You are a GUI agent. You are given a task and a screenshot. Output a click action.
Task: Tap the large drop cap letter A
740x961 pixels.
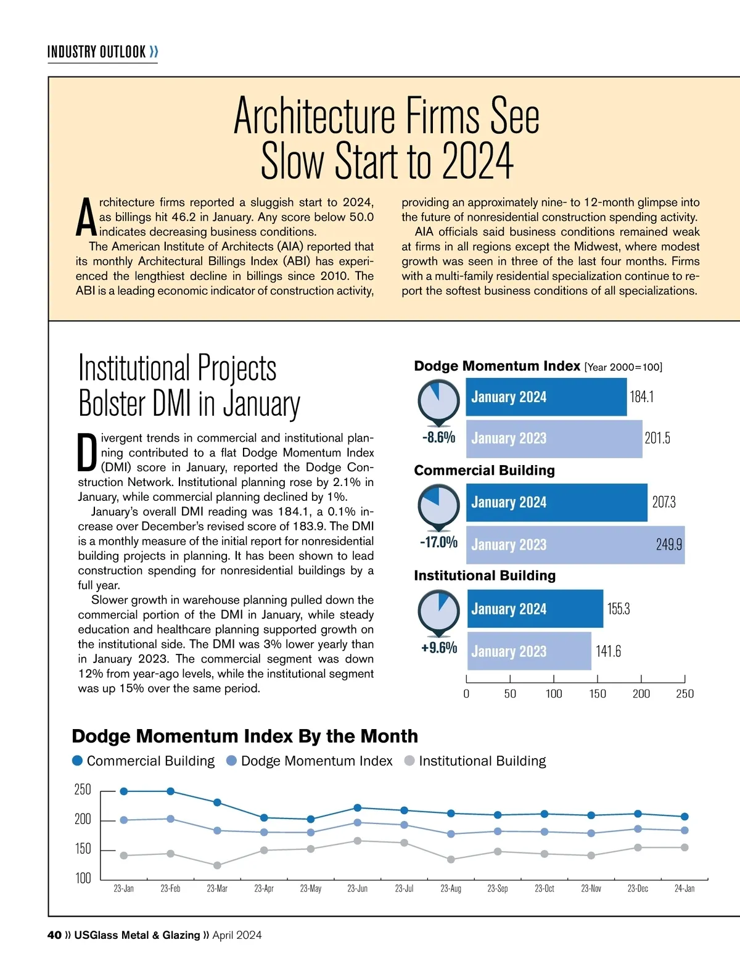coord(86,218)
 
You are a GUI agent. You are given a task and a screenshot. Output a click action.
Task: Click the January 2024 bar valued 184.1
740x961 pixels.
coord(546,397)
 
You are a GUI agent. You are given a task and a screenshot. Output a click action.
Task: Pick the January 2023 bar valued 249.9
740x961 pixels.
coord(575,545)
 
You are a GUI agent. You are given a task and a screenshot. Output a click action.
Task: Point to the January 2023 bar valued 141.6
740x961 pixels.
coord(528,651)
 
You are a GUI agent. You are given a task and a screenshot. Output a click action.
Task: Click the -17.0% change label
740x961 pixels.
coord(438,542)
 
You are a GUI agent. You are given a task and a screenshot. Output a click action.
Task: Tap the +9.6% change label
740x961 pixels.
coord(438,648)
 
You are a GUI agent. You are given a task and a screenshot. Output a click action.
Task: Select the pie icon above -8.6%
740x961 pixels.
coord(438,400)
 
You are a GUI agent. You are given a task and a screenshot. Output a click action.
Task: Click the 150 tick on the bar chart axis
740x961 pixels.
coord(597,693)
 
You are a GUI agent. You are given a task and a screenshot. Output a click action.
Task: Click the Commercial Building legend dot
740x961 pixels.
coord(78,761)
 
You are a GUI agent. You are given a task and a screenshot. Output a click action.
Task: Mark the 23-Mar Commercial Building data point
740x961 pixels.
coord(217,802)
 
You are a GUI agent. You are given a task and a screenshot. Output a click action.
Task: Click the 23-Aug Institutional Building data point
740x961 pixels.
coord(451,859)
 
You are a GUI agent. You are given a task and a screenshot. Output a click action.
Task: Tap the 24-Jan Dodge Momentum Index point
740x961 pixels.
coord(684,830)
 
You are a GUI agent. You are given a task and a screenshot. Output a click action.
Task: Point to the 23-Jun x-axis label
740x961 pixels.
coord(357,889)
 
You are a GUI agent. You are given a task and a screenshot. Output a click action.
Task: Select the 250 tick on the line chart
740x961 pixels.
coord(83,790)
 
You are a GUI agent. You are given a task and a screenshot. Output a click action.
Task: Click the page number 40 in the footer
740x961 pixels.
coord(54,935)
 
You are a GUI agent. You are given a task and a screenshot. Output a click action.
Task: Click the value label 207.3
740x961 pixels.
coord(664,502)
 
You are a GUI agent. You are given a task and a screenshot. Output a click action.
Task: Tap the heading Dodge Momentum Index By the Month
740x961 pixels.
coord(245,736)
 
